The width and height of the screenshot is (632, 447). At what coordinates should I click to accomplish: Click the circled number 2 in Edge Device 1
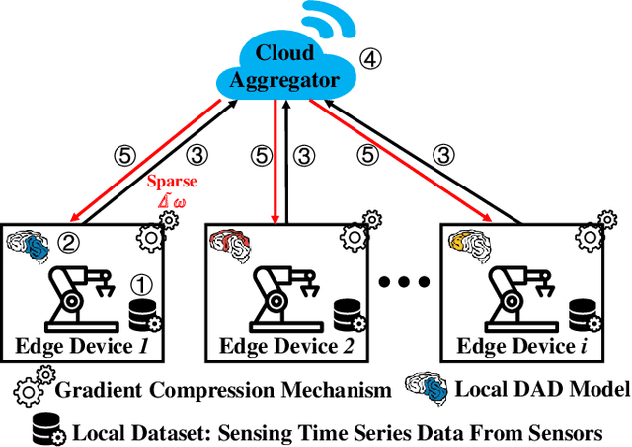[68, 239]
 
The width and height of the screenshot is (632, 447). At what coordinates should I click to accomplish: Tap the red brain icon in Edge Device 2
[228, 245]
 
